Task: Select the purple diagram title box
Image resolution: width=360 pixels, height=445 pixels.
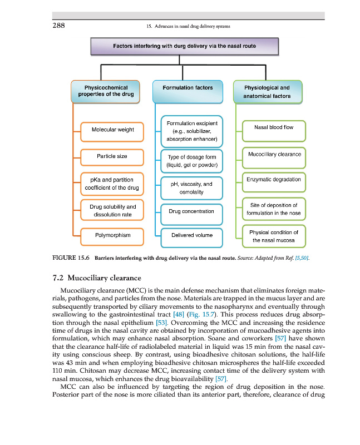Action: tap(180, 46)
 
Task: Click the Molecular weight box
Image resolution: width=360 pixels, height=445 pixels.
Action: tap(112, 130)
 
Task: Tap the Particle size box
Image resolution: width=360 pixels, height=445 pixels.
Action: tap(112, 157)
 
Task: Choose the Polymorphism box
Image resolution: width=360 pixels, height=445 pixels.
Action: tap(112, 235)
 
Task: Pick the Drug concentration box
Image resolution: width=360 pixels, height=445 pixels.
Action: tap(191, 211)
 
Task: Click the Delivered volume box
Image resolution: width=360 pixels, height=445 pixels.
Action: tap(191, 235)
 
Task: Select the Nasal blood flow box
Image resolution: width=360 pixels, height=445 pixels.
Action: tap(273, 128)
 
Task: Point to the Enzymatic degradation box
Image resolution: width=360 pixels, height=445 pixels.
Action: tap(273, 180)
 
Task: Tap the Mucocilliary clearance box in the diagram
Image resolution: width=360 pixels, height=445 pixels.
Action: tap(273, 154)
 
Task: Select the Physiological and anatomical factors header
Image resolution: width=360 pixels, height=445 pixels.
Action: tap(267, 92)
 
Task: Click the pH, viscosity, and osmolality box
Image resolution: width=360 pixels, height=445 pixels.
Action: tap(191, 188)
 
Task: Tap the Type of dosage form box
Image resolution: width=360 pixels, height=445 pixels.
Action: tap(191, 161)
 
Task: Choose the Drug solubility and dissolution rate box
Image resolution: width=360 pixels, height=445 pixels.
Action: tap(112, 210)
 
